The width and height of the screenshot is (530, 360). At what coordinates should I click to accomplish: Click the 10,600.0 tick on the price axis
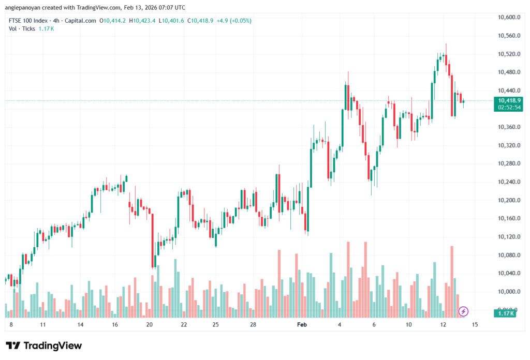pos(508,17)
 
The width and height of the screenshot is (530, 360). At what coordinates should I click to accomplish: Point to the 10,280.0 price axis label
pos(508,163)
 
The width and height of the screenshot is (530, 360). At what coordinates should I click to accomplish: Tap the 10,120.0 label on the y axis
pos(508,237)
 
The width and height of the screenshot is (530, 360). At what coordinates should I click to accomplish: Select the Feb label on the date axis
pos(302,324)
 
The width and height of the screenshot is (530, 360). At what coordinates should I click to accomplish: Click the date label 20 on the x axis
pos(150,324)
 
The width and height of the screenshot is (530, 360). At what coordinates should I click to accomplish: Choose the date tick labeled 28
pos(253,324)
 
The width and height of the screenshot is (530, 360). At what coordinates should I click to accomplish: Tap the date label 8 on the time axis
pos(11,324)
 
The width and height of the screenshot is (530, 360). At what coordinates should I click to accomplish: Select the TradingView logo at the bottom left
pos(44,346)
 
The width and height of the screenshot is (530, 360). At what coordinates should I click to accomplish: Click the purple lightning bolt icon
pos(464,311)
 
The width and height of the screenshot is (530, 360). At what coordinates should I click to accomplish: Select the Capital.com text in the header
pos(81,21)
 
